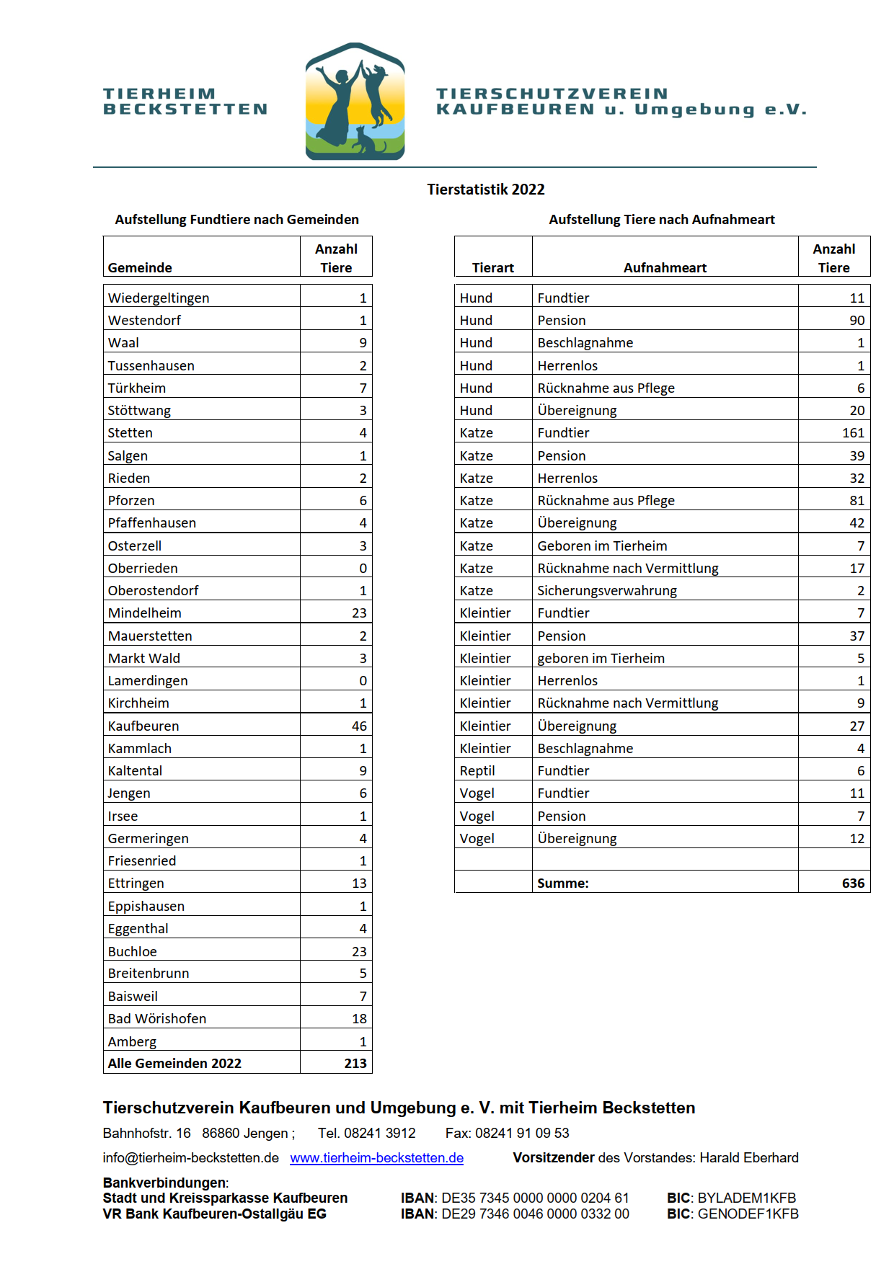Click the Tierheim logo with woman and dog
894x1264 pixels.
(x=355, y=102)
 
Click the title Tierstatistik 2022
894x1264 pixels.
(x=485, y=190)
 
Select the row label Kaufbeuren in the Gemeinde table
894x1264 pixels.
(x=143, y=726)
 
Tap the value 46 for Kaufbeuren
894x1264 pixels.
(x=359, y=726)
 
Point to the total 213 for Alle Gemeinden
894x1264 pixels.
(x=355, y=1063)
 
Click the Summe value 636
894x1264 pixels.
(x=853, y=883)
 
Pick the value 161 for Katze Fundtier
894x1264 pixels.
(x=853, y=432)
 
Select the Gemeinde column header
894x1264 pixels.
(x=140, y=267)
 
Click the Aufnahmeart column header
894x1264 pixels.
(x=665, y=267)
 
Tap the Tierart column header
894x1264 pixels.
(x=493, y=267)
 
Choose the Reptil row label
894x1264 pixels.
(x=477, y=770)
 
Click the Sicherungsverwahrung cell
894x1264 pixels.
(x=607, y=590)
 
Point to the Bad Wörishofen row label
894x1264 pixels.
(x=157, y=1018)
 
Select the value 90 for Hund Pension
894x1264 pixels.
(x=857, y=320)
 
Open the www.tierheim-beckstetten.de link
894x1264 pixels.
(x=376, y=1157)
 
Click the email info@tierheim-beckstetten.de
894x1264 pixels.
(x=190, y=1157)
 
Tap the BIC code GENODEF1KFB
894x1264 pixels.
(x=748, y=1214)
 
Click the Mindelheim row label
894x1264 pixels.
(x=145, y=613)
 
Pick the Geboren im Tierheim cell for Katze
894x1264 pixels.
(x=602, y=546)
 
